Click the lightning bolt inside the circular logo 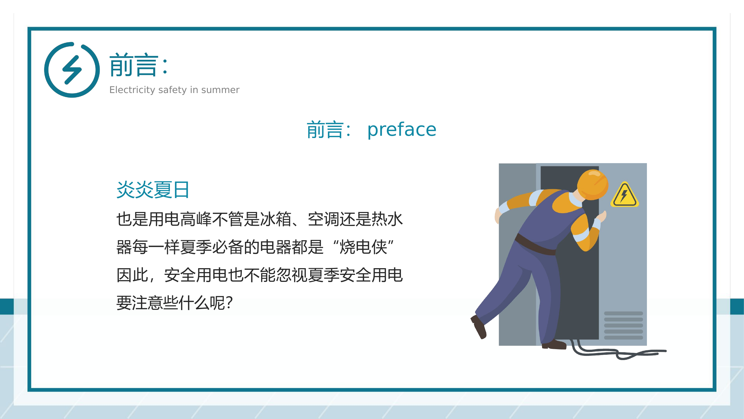(x=72, y=70)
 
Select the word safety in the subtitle (x=173, y=90)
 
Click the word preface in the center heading (x=401, y=130)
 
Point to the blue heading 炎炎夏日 (x=153, y=190)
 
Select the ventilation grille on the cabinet (x=623, y=325)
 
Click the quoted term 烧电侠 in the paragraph (x=363, y=247)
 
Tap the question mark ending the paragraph (x=230, y=303)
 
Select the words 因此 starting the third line (x=133, y=275)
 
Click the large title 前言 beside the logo (x=134, y=65)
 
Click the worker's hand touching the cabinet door (x=602, y=216)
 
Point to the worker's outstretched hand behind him (x=498, y=215)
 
